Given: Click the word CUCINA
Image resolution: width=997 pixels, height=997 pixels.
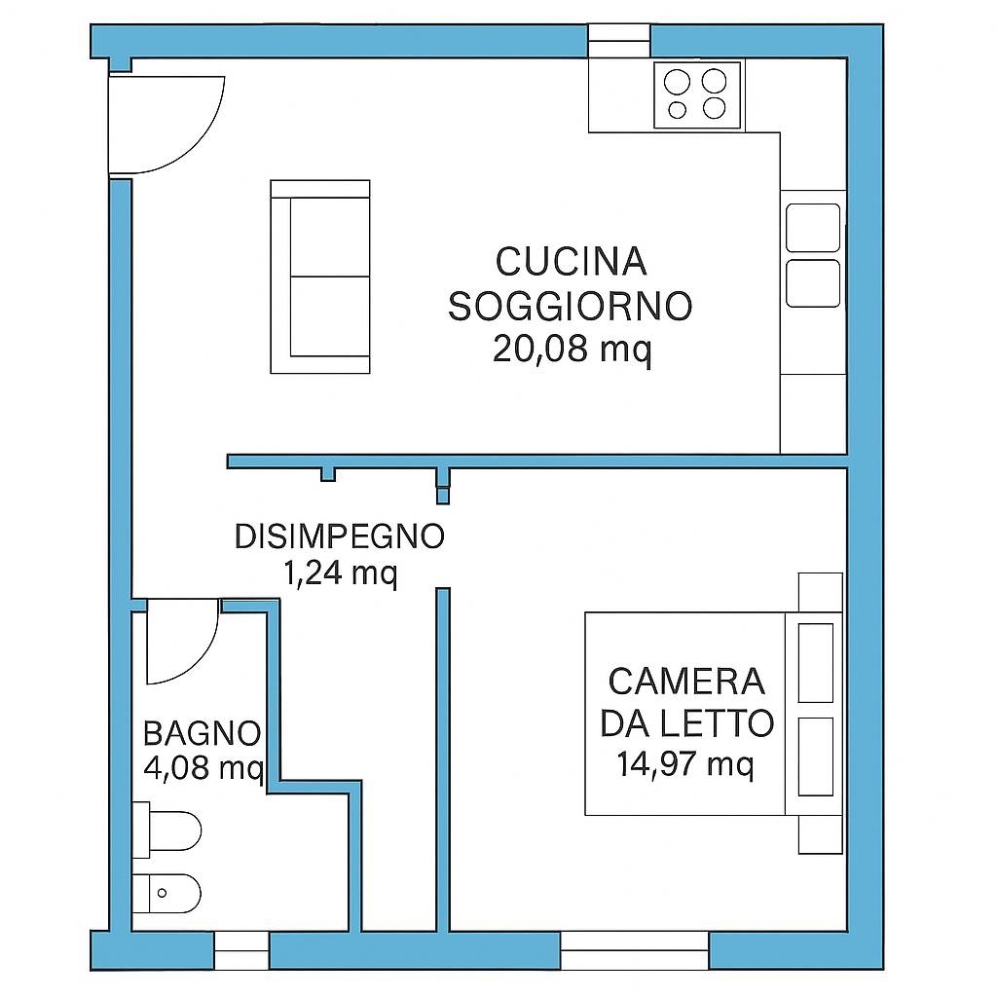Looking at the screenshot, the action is [x=571, y=262].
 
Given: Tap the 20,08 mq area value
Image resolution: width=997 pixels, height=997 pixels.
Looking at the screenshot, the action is [x=572, y=349].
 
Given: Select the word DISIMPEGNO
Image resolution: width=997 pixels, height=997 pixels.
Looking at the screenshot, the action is [x=340, y=536].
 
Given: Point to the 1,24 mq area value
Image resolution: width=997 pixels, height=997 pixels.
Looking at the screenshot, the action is [x=340, y=573].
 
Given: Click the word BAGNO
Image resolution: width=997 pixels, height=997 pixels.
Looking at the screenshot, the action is [x=203, y=734].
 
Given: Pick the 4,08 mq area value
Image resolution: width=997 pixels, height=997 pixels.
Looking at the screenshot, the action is [x=203, y=768].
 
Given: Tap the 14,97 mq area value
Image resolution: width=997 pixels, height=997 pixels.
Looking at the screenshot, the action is [x=685, y=763].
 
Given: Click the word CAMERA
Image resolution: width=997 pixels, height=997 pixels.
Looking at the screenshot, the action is [x=686, y=681].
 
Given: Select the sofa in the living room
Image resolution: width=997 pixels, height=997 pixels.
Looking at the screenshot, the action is [x=319, y=277].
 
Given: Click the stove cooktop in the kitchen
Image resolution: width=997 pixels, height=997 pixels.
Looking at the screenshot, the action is [x=697, y=95].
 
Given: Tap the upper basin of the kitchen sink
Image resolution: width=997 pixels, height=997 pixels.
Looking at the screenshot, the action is [x=813, y=228].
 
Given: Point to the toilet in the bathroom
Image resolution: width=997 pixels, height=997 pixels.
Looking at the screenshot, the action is [x=166, y=831].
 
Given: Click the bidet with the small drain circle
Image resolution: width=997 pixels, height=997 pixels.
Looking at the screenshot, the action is [x=166, y=894].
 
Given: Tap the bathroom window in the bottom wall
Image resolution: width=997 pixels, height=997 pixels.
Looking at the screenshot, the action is [x=241, y=950].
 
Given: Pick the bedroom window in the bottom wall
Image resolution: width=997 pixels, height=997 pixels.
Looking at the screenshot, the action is [x=635, y=950].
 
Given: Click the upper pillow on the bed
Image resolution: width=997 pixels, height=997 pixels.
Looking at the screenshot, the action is [x=816, y=662].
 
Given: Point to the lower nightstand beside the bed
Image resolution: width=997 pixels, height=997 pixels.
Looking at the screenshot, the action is [x=820, y=834].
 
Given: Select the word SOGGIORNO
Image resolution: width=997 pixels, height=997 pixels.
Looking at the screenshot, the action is [x=571, y=306].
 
